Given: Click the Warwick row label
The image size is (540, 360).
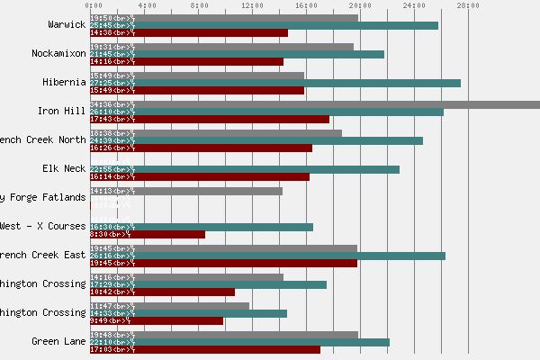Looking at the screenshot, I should (x=67, y=24).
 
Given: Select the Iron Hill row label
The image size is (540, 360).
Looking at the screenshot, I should (x=62, y=111).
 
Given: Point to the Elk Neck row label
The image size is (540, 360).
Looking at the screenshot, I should (x=64, y=168).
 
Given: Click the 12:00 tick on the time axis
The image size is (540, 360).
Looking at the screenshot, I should (x=252, y=6).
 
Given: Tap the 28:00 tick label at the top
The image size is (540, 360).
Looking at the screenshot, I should (x=468, y=6).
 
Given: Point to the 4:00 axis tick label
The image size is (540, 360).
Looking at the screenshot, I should (x=144, y=6).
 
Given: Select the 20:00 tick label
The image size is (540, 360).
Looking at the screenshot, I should (x=360, y=6).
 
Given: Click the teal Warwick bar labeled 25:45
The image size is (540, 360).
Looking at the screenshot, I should (x=264, y=25).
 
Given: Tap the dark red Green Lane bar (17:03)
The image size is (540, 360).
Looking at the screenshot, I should (x=205, y=349).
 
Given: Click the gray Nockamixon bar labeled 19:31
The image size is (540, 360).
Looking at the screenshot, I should (x=221, y=47).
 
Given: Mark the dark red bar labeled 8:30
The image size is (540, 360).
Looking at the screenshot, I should (x=148, y=234).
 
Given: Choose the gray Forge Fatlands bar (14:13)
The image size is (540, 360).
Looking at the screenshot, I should (x=186, y=191).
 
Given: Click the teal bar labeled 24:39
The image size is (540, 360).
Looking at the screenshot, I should (x=256, y=140).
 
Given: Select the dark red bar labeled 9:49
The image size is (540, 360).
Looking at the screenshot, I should (x=157, y=320).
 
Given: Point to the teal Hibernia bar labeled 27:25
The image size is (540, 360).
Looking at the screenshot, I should (x=275, y=83).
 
